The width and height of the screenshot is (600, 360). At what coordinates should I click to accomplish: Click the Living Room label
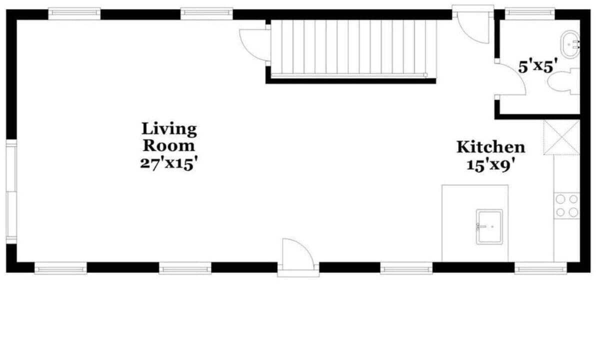coord(169,137)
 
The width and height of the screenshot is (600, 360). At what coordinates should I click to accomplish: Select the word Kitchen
coord(490,147)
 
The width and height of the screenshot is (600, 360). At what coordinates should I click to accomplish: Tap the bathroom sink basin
coord(570,44)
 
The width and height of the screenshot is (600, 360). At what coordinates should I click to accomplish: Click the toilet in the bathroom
coord(563,81)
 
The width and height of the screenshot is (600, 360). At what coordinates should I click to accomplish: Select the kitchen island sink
coord(489,227)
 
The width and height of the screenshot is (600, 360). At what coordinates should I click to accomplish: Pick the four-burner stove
coord(567,205)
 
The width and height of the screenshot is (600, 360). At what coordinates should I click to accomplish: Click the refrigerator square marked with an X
coord(561,137)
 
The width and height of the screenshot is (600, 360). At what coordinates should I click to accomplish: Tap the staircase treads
coord(353,49)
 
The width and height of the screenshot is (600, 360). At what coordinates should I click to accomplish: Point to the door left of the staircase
coord(255,45)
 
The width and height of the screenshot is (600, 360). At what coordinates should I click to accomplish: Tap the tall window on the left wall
coord(11,192)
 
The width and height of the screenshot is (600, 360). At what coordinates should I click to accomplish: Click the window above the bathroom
coord(530,13)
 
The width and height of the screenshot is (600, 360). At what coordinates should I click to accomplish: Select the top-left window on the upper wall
coord(74,13)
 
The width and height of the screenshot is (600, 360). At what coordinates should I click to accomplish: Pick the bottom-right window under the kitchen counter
coord(540,268)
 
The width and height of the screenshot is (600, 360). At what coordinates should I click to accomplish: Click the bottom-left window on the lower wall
coord(60,268)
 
